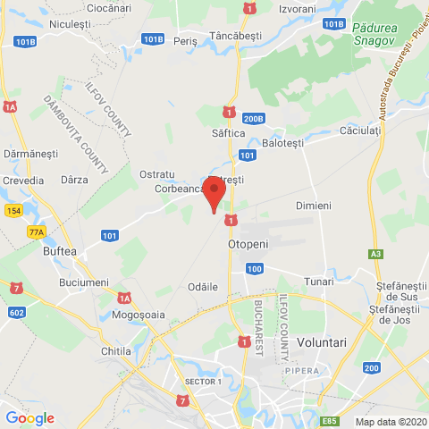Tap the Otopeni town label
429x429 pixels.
coord(248,242)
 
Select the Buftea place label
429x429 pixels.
coord(60,252)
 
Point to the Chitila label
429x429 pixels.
coord(116,351)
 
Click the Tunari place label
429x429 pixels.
coord(318,280)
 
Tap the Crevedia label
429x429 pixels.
coord(23,181)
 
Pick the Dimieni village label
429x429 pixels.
coord(313,206)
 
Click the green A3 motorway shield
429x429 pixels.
coord(374,254)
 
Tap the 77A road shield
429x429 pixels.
coord(36,231)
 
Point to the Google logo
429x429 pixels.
coord(29,417)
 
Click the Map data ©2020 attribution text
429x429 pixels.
coord(390,422)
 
